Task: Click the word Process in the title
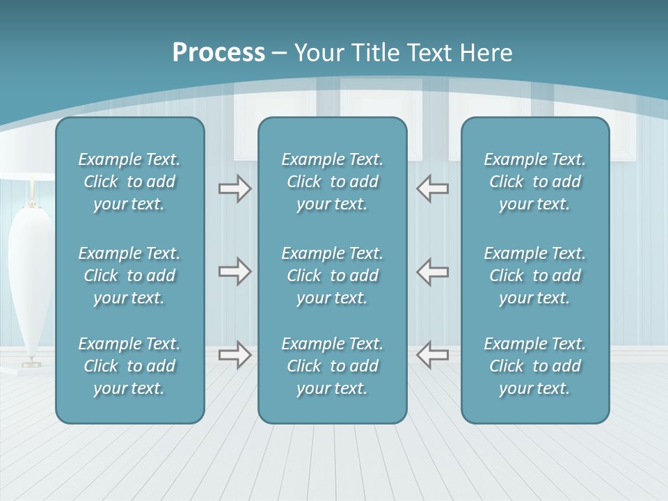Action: pos(218,53)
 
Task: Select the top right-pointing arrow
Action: pos(234,189)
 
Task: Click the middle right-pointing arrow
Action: pos(234,271)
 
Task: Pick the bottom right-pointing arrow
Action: pos(234,354)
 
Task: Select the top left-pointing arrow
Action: pos(432,189)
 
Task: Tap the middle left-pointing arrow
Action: pos(432,271)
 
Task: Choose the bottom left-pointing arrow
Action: pos(432,354)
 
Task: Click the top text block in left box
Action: pos(129,182)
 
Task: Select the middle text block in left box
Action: pos(129,276)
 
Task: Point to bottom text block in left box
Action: pos(129,366)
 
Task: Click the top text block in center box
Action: pos(333,182)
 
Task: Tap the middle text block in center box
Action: pos(333,276)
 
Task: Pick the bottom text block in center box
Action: pos(333,366)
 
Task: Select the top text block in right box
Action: pos(535,182)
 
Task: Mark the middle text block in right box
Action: pos(535,276)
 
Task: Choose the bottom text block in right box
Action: pos(535,366)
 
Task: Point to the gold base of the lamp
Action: pos(31,363)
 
